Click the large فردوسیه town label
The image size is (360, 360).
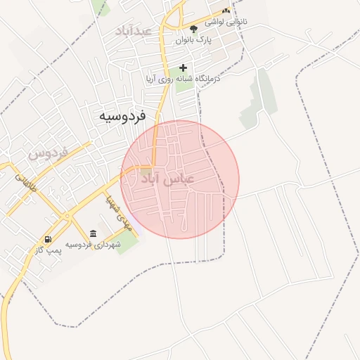click(122, 116)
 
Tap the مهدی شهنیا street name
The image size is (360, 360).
click(117, 212)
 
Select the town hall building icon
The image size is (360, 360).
click(93, 233)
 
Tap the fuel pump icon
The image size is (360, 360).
click(48, 239)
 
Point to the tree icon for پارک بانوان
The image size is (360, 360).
click(193, 28)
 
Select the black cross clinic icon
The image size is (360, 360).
click(184, 68)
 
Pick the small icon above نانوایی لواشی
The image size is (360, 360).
click(226, 11)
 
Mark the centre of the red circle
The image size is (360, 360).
click(180, 179)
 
